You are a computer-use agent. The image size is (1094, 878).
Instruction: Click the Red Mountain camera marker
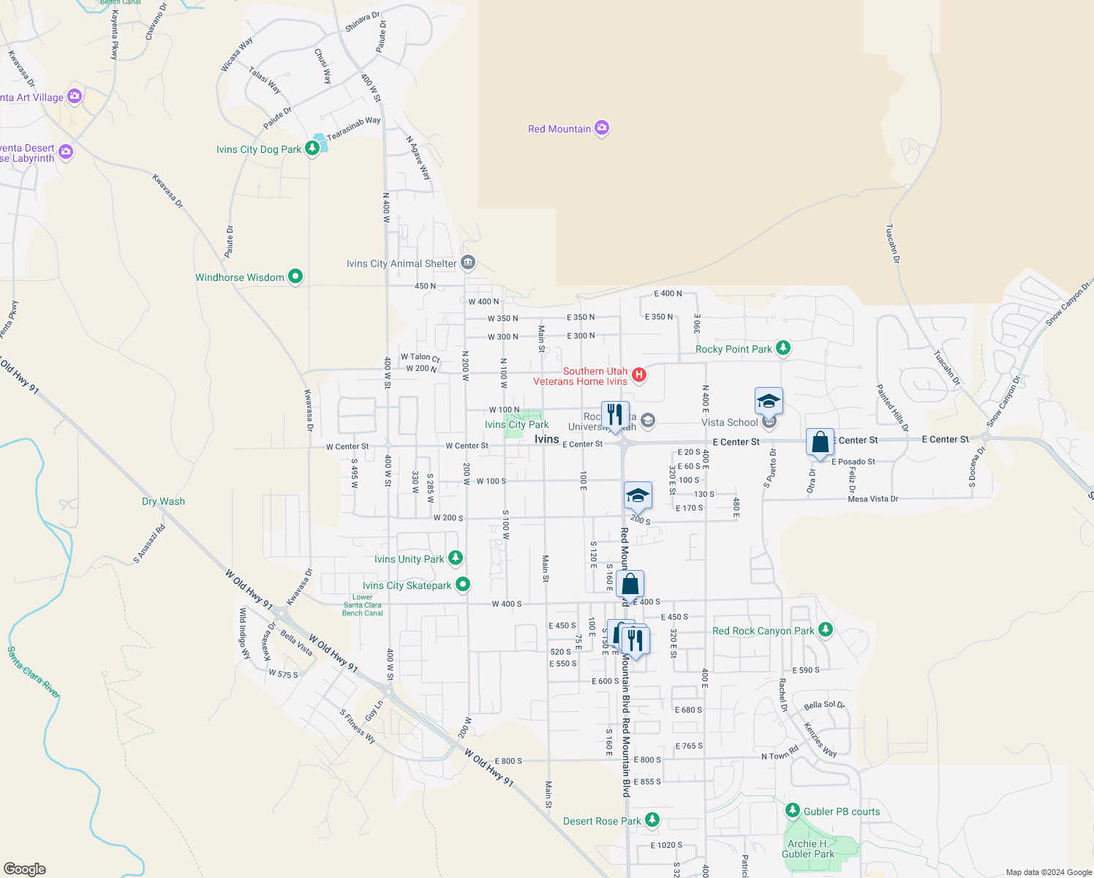click(602, 129)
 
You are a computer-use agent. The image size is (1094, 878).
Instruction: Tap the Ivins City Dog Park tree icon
click(312, 149)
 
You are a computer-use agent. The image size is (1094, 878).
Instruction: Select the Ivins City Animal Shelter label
click(401, 263)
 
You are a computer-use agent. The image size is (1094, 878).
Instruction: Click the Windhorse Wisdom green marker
click(295, 277)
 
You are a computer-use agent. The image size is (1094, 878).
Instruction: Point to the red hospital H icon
click(639, 375)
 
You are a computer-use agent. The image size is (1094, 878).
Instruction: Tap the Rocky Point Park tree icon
click(783, 348)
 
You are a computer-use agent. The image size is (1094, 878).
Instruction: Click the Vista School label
click(729, 422)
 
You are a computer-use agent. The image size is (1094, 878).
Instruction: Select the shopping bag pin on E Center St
click(820, 443)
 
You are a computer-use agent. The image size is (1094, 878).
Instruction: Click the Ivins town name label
click(546, 439)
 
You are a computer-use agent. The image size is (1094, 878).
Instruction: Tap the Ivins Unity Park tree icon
click(456, 558)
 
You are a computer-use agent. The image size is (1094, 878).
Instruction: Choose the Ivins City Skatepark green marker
click(463, 585)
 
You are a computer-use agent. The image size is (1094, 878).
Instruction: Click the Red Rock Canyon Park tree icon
click(826, 630)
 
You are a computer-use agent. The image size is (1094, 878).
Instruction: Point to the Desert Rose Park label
click(602, 821)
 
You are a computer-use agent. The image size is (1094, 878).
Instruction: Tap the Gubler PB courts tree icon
click(792, 811)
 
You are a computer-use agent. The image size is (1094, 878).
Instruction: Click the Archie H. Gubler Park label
click(808, 849)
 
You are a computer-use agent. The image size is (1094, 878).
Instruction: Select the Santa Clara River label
click(34, 672)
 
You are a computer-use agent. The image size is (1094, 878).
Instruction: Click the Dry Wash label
click(163, 501)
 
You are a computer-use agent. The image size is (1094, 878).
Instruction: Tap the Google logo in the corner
click(25, 869)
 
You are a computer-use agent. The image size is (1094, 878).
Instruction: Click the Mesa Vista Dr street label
click(872, 499)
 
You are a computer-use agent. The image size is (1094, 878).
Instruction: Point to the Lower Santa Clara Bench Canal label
click(363, 605)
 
